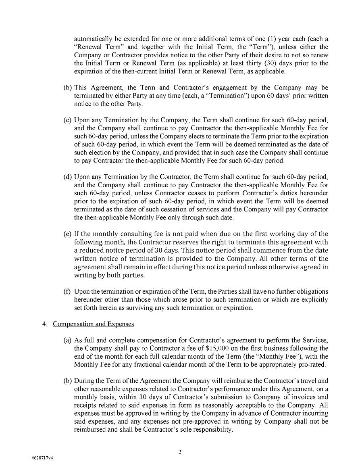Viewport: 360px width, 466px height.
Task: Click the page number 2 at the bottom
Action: point(180,452)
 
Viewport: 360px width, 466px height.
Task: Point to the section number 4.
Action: point(45,324)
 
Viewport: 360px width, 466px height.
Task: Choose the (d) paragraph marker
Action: point(68,177)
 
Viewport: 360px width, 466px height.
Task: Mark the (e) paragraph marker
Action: point(68,234)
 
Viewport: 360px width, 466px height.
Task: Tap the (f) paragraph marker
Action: point(67,291)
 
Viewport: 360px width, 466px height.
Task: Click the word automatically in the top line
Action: point(92,39)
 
